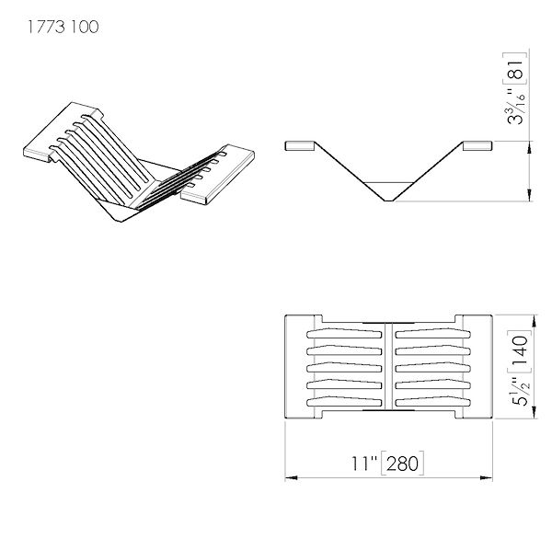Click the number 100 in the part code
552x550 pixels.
click(x=84, y=27)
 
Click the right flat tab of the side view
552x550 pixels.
click(x=477, y=144)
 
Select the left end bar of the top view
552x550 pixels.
click(x=297, y=369)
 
